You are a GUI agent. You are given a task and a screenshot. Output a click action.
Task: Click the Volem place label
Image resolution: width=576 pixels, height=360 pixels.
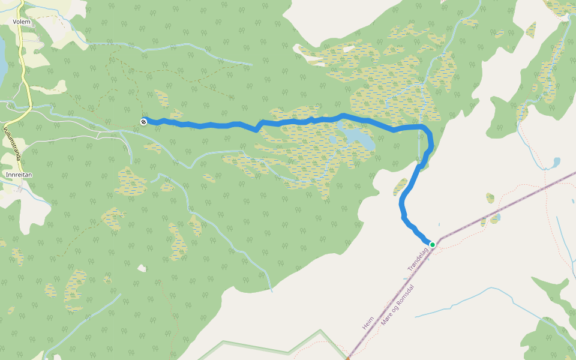click(21, 22)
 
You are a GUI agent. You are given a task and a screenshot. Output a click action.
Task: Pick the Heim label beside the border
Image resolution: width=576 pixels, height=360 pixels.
click(368, 323)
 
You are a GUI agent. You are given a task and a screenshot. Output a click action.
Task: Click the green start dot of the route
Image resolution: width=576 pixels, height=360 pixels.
click(432, 244)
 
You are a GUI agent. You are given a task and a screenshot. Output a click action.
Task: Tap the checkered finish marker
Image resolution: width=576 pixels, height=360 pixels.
click(144, 122)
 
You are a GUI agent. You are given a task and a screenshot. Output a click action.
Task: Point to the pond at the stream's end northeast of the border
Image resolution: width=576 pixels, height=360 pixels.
click(557, 163)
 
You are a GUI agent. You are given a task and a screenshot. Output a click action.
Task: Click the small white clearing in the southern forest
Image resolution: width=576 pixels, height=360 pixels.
click(142, 268)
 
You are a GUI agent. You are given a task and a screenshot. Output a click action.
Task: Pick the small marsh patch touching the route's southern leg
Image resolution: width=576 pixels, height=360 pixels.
click(400, 187)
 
